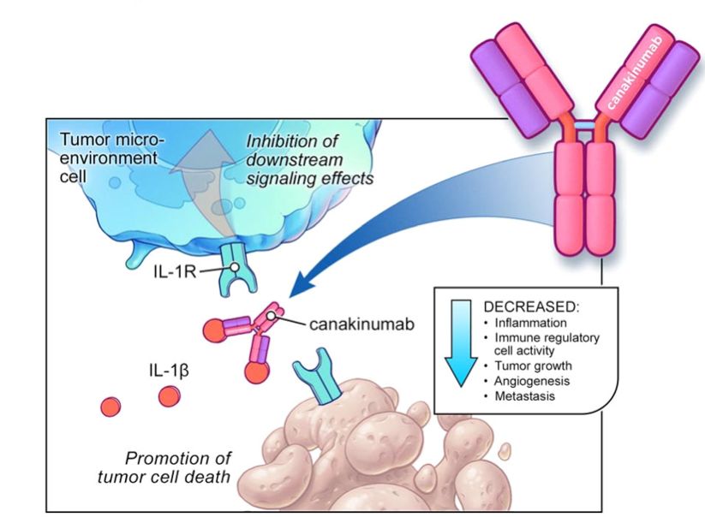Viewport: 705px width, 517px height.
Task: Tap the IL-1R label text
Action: click(175, 271)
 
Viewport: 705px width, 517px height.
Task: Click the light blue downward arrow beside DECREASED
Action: click(461, 342)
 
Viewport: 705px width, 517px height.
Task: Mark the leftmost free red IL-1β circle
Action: click(111, 407)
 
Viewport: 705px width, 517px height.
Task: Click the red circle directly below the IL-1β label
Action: click(169, 396)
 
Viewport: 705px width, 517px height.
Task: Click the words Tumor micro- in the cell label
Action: click(112, 140)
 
